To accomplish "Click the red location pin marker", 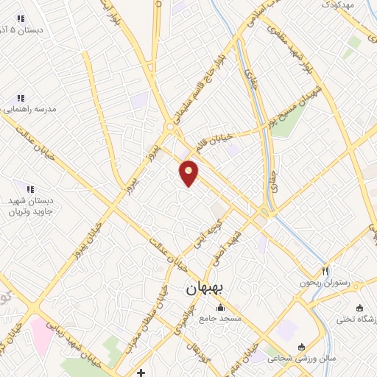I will pyautogui.click(x=189, y=172).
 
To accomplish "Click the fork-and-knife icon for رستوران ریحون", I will pyautogui.click(x=324, y=271).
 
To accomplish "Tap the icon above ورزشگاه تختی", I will pyautogui.click(x=359, y=308).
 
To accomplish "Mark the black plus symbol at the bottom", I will pyautogui.click(x=140, y=372).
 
